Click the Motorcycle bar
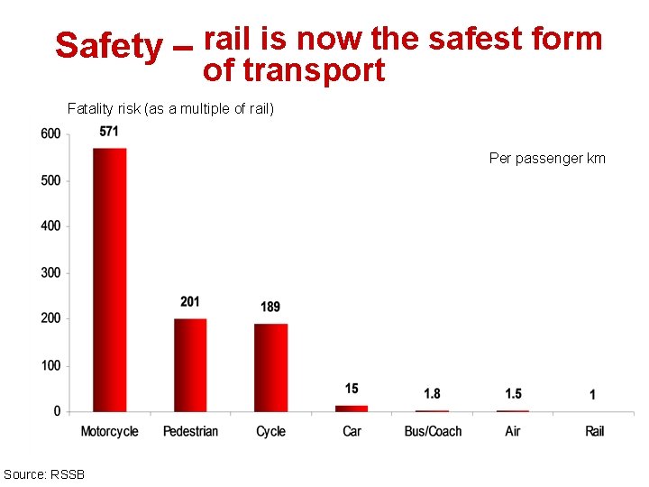pyautogui.click(x=109, y=280)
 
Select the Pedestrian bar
pyautogui.click(x=190, y=364)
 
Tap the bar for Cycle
pyautogui.click(x=270, y=367)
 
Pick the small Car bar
pyautogui.click(x=352, y=408)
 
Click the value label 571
pyautogui.click(x=109, y=132)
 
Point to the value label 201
pyautogui.click(x=190, y=301)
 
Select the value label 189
pyautogui.click(x=270, y=308)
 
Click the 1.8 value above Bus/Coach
pyautogui.click(x=433, y=393)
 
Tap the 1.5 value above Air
pyautogui.click(x=513, y=393)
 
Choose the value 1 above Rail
pyautogui.click(x=592, y=394)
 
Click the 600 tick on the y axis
pyautogui.click(x=50, y=134)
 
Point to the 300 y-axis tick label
pyautogui.click(x=50, y=273)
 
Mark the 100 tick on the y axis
pyautogui.click(x=50, y=365)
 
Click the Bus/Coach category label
pyautogui.click(x=433, y=431)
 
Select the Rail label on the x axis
pyautogui.click(x=594, y=431)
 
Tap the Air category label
pyautogui.click(x=513, y=431)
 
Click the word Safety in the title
pyautogui.click(x=107, y=45)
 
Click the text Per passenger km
pyautogui.click(x=547, y=159)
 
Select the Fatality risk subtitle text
pyautogui.click(x=170, y=109)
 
